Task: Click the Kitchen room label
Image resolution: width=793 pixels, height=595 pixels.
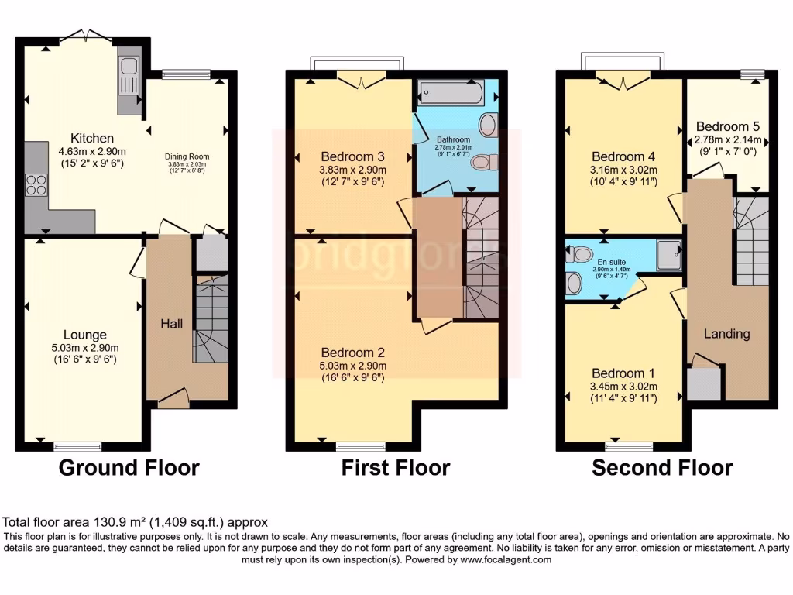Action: pyautogui.click(x=92, y=139)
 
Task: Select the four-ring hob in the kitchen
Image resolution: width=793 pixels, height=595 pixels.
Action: pyautogui.click(x=36, y=185)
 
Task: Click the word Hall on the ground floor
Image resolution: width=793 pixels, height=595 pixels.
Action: pyautogui.click(x=171, y=323)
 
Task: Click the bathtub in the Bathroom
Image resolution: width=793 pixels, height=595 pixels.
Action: pyautogui.click(x=450, y=95)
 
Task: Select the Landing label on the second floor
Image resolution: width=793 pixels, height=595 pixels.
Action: pyautogui.click(x=726, y=334)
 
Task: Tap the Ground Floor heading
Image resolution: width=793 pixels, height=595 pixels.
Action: pyautogui.click(x=129, y=468)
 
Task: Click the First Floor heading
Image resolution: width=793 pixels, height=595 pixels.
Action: pyautogui.click(x=396, y=468)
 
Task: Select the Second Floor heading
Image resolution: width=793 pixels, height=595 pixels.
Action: pyautogui.click(x=662, y=468)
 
